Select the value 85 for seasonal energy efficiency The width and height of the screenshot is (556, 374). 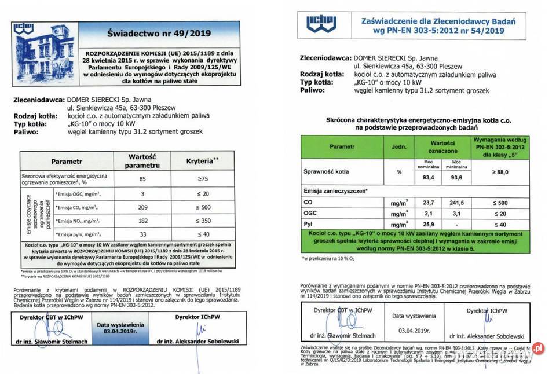[142, 179]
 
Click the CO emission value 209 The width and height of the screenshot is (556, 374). [142, 207]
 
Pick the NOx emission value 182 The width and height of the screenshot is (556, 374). [142, 221]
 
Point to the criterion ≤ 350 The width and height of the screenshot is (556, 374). [203, 221]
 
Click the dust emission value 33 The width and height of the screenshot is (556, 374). [142, 234]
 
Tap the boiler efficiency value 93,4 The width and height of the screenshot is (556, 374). [428, 178]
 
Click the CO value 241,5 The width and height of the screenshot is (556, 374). [457, 203]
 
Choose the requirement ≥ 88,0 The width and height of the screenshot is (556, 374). [501, 172]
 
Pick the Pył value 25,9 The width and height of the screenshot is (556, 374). [428, 223]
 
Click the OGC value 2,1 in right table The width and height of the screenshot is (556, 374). [428, 213]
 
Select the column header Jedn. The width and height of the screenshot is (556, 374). [398, 146]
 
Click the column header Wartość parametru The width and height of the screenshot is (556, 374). [142, 161]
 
